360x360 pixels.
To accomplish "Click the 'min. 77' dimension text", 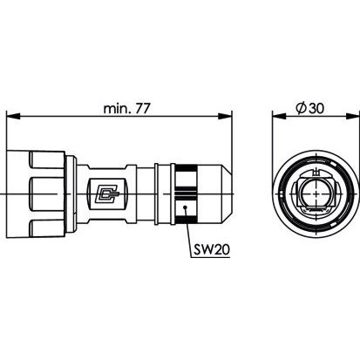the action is pos(126,109).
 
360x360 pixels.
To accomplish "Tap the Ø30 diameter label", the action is pos(309,108).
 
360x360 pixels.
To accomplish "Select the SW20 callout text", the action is pos(212,249).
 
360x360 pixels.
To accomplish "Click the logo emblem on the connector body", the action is pos(108,194).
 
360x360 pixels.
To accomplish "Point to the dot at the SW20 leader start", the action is pos(185,207).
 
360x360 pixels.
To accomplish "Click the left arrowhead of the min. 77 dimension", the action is pos(13,116).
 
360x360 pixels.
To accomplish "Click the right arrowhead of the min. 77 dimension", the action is pos(226,116).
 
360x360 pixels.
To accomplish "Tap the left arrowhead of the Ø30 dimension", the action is pos(279,116).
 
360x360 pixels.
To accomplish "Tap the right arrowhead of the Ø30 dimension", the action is pos(352,116).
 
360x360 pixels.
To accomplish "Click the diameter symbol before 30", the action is pos(301,108).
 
